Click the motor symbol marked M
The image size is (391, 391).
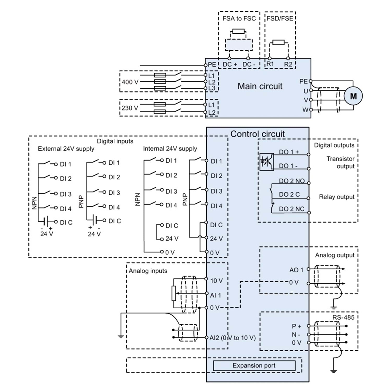coord(353,96)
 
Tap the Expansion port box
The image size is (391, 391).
coord(254,365)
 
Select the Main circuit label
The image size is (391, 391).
coord(260,86)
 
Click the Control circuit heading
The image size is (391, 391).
coord(258,134)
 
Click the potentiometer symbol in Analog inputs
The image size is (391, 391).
coord(174,293)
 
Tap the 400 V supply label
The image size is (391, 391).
coord(130,82)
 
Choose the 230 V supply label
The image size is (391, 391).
coord(130,108)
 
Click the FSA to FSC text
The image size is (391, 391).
coord(239,19)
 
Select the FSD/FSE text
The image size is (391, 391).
coord(280,19)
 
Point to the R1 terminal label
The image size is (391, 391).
coord(270,64)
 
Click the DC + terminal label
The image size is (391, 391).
coord(230,64)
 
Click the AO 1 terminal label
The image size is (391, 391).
coord(296,270)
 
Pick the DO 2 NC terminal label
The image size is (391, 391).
coord(292,209)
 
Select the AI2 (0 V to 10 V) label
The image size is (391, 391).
coord(233,338)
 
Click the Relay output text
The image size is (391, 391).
coord(337,197)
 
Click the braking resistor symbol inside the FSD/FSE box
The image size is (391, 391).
coord(278,42)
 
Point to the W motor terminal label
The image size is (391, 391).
coord(305,110)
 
